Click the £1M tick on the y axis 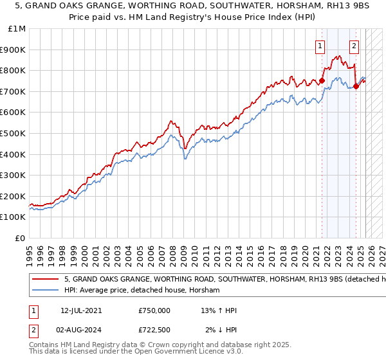(x=17, y=28)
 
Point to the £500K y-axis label (x=14, y=133)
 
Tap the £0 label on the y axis (x=21, y=238)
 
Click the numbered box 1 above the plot (x=320, y=45)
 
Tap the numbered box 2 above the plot (x=354, y=45)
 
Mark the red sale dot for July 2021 (x=322, y=80)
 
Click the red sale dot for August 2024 (x=356, y=86)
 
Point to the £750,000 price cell (x=154, y=310)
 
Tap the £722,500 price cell (x=154, y=330)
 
